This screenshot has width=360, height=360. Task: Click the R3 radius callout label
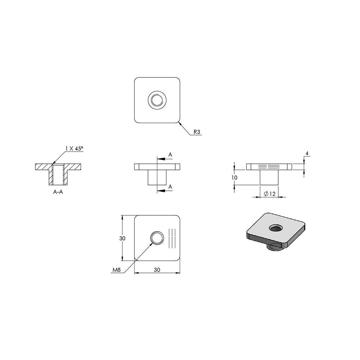(197, 132)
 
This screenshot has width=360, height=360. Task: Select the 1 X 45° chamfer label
(74, 149)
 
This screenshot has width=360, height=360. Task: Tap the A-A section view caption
(58, 192)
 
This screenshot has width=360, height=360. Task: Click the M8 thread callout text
(116, 270)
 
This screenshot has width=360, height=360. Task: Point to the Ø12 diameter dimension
(270, 194)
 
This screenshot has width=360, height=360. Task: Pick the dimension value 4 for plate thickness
(307, 153)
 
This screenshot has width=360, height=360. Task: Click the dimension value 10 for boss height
(234, 178)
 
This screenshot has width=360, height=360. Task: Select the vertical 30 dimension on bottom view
(122, 238)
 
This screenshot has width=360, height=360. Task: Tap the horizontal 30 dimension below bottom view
(157, 270)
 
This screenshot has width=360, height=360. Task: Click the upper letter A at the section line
(170, 155)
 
